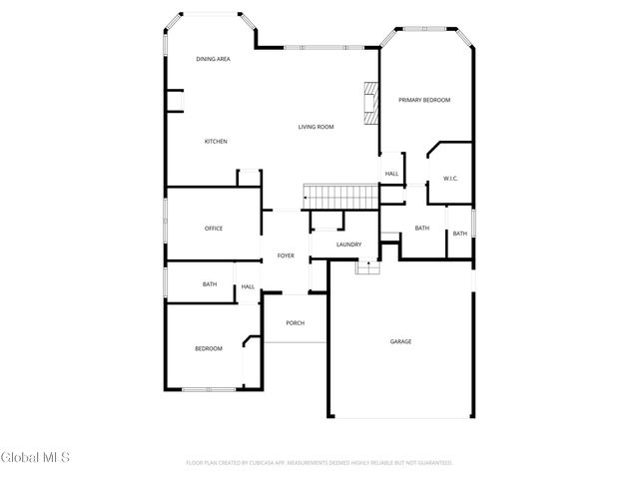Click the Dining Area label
click(214, 60)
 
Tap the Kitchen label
click(216, 142)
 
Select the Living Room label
click(316, 127)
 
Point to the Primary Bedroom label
click(424, 100)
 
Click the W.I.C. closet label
click(450, 179)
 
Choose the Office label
click(214, 229)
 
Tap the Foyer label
click(286, 256)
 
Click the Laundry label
click(348, 244)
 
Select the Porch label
click(295, 323)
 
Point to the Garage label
click(400, 342)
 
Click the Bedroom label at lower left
click(208, 348)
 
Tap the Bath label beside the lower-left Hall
click(210, 284)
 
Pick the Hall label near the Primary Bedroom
click(391, 174)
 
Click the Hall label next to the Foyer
click(248, 287)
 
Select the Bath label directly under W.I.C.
click(422, 228)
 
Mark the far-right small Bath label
click(459, 234)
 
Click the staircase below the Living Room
click(339, 197)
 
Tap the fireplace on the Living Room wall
click(371, 103)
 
